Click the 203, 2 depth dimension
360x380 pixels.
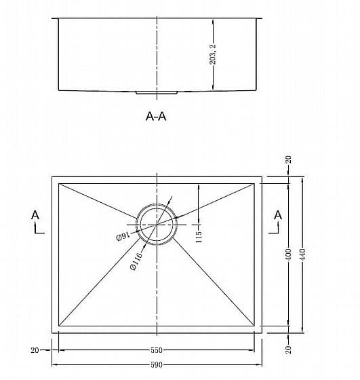click(213, 54)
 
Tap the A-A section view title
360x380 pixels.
click(156, 116)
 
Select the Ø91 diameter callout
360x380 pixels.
click(123, 236)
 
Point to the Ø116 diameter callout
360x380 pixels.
click(136, 261)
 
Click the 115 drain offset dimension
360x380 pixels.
click(198, 237)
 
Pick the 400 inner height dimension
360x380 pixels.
click(288, 254)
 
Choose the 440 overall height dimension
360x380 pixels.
click(302, 254)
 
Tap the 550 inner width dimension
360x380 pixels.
click(157, 350)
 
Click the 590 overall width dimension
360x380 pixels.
click(157, 365)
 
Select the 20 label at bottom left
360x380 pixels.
click(35, 350)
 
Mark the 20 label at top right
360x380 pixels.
click(288, 159)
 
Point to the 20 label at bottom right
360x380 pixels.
click(288, 349)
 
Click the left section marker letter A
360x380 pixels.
click(35, 215)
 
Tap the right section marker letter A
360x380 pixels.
click(278, 215)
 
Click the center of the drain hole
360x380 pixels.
click(157, 225)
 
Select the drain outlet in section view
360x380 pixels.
click(157, 92)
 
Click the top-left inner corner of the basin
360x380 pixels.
click(58, 183)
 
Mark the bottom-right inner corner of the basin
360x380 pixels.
click(254, 326)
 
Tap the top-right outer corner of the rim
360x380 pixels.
click(262, 176)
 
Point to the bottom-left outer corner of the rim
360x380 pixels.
click(52, 333)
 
